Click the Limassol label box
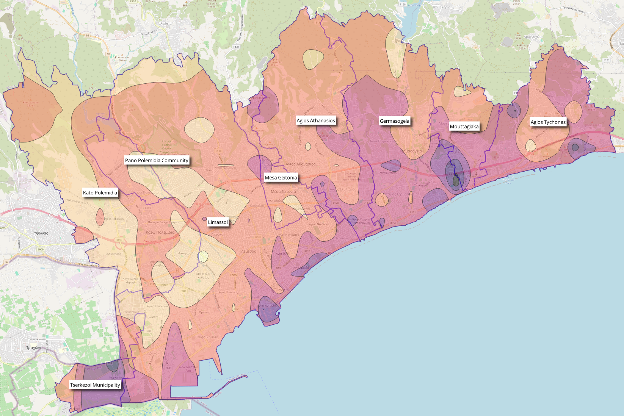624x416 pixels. tap(218, 222)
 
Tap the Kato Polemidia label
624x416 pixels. tap(100, 193)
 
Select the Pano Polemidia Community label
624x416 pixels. tap(157, 161)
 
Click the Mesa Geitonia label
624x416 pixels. tap(281, 178)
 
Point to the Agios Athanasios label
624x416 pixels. tap(316, 121)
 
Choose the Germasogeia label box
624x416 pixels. tap(395, 121)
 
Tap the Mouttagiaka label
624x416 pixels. tap(464, 127)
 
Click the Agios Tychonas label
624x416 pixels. tap(548, 122)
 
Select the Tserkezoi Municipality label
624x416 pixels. tap(95, 385)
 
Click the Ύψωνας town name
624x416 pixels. tap(41, 233)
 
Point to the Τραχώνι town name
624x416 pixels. tap(34, 348)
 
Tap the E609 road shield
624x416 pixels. tap(41, 249)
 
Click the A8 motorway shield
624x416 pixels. tap(108, 54)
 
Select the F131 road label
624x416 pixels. tap(236, 47)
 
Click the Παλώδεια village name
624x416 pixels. tap(164, 23)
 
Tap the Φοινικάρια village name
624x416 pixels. tap(442, 7)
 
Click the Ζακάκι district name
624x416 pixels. tap(155, 353)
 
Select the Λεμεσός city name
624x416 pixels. tap(248, 251)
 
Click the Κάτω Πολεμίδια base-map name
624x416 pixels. tap(160, 232)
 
